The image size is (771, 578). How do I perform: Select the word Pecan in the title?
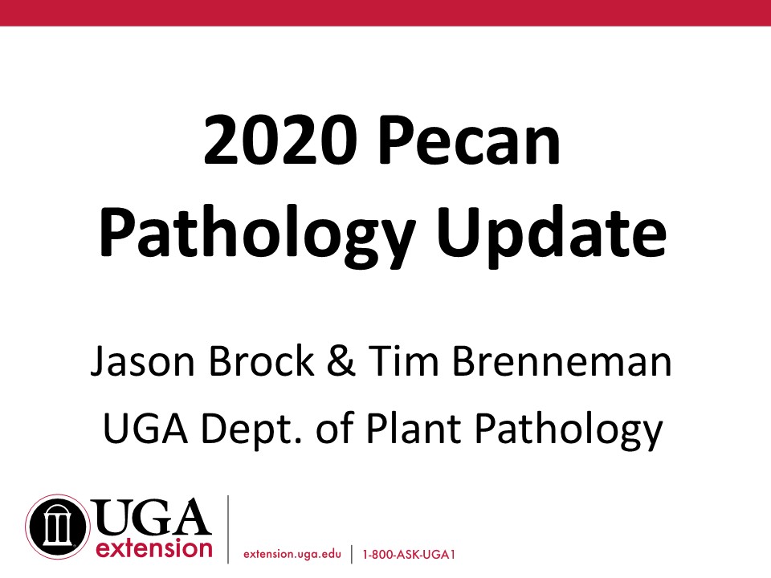[x=470, y=140]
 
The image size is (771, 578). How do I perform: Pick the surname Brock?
[x=261, y=360]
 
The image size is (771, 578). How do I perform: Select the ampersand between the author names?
[x=341, y=360]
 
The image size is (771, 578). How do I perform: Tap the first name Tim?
[x=404, y=360]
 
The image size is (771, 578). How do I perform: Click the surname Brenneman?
[x=561, y=361]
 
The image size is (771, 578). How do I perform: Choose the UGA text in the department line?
[x=145, y=428]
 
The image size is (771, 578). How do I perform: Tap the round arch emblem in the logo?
[x=58, y=527]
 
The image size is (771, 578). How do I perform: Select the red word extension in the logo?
[x=154, y=548]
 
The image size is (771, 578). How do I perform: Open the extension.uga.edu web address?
[x=292, y=555]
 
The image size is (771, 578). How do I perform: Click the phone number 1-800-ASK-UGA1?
[x=409, y=555]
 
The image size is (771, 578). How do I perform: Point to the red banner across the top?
[x=385, y=13]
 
